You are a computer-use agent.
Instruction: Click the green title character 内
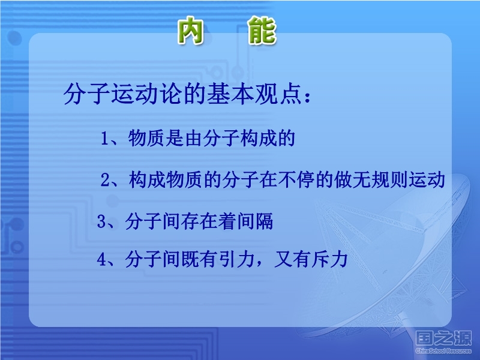pos(191,31)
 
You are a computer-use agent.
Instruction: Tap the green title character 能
pos(262,31)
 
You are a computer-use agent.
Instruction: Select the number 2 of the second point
pos(106,180)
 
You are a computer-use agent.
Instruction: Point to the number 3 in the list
pos(101,221)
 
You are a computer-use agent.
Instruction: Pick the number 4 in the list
pos(101,260)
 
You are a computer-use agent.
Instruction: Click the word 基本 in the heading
pos(230,94)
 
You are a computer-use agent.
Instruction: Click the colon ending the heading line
pos(307,96)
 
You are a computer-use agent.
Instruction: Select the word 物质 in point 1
pos(146,138)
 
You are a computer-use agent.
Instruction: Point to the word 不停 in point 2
pos(296,179)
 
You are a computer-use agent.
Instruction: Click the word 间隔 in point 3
pos(254,221)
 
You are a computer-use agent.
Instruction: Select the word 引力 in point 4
pos(237,260)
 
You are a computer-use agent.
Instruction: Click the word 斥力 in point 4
pos(329,260)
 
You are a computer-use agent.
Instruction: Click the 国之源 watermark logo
pos(443,338)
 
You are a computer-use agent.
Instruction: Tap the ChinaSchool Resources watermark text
pos(443,351)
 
